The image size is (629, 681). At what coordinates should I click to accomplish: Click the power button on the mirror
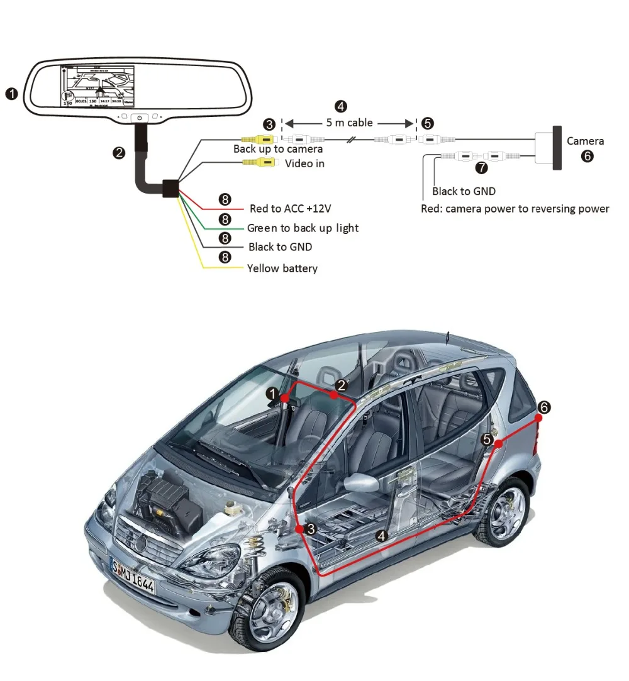(x=140, y=118)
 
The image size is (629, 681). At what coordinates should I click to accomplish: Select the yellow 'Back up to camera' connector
(x=259, y=139)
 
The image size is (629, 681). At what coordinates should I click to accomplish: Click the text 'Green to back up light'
(x=303, y=228)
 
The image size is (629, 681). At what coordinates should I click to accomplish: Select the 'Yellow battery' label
(x=282, y=269)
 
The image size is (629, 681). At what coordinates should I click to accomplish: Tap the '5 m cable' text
(x=349, y=123)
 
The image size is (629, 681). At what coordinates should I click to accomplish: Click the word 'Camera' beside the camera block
(x=585, y=141)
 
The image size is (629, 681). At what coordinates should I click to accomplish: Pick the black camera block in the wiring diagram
(x=557, y=148)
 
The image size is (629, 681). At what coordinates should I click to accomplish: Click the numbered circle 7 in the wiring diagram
(x=482, y=168)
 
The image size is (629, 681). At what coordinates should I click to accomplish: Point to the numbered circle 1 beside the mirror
(x=11, y=94)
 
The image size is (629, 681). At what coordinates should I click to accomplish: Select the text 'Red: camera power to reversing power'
(x=515, y=209)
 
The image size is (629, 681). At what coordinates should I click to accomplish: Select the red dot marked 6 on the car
(x=539, y=417)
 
